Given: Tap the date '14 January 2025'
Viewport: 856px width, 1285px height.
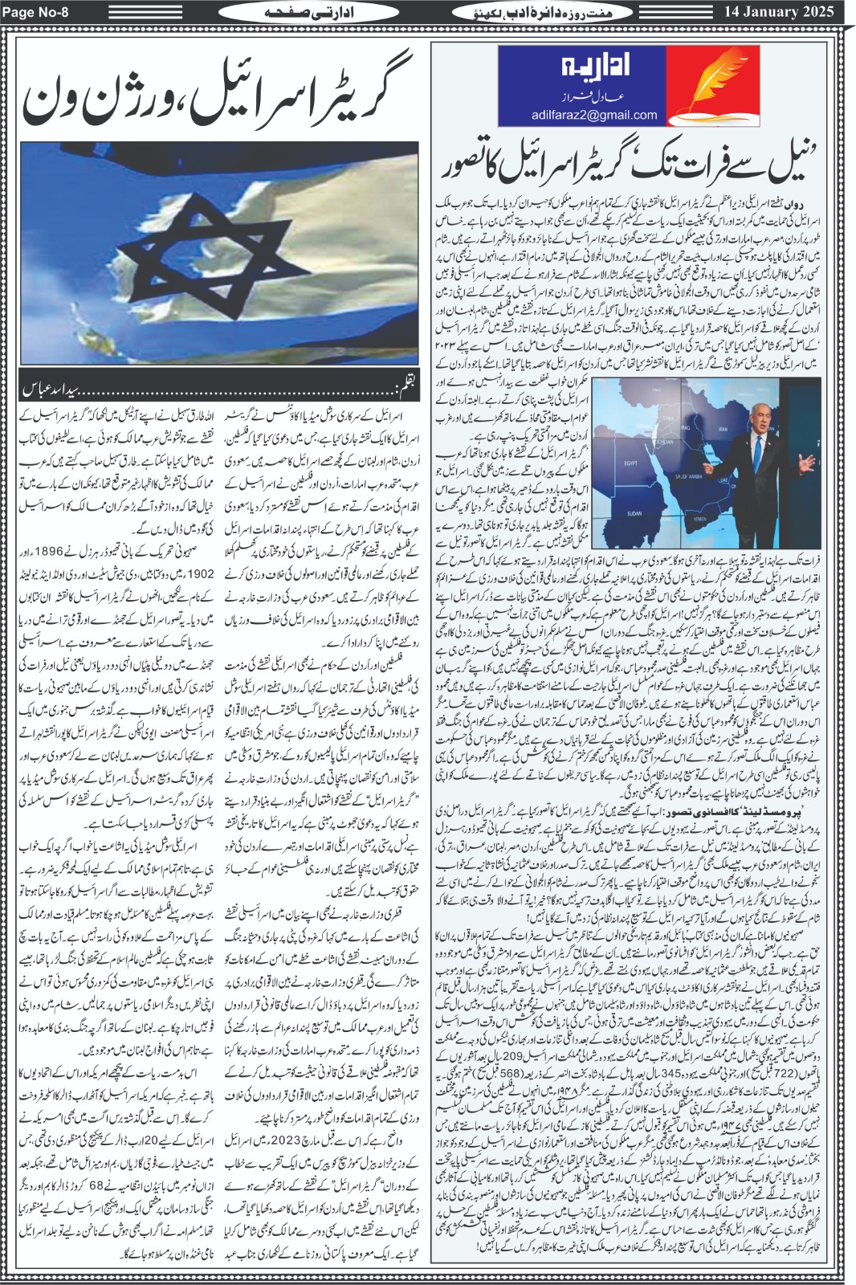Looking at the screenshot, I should coord(786,11).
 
